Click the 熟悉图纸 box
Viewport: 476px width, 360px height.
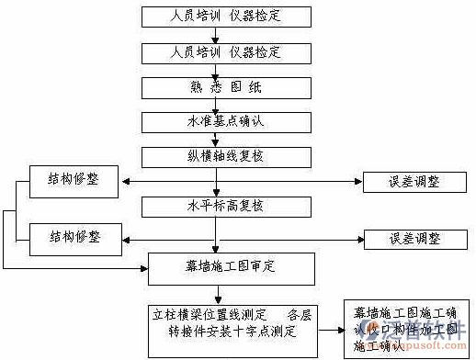point(215,87)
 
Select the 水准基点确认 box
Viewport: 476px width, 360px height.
point(215,121)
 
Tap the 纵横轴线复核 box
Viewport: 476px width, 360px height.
point(215,156)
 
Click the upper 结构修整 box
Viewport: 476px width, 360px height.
point(74,181)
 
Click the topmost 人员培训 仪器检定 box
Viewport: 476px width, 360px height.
point(215,17)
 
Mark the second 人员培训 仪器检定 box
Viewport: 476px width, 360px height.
point(215,52)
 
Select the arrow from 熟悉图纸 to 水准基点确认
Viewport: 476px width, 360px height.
point(215,105)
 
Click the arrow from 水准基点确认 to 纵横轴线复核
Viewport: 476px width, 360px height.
point(215,139)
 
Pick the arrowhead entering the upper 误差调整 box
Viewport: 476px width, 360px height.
point(357,182)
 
